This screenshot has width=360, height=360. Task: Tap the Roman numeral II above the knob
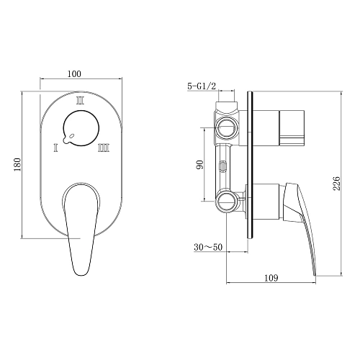tap(81, 102)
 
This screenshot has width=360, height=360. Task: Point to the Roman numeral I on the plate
tap(55, 148)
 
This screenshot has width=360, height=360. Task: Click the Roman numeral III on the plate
tap(104, 148)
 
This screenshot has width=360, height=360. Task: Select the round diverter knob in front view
tap(80, 130)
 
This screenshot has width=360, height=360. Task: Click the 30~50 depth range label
tap(207, 247)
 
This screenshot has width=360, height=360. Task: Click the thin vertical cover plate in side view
tap(249, 166)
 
